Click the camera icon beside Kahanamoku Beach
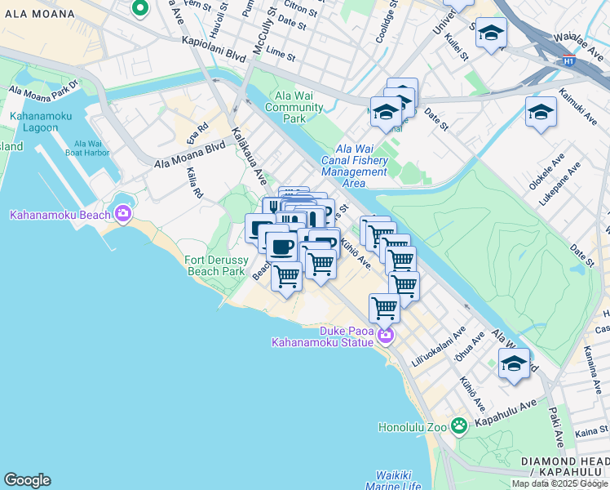123,215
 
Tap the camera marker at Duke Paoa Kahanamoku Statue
385,336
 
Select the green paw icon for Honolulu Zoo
460,425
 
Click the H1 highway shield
568,61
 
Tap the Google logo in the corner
27,480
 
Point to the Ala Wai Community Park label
294,107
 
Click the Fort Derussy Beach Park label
215,265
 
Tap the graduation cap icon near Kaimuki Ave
541,113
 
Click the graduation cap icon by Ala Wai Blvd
514,365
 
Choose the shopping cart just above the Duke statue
384,309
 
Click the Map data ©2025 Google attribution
559,483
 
